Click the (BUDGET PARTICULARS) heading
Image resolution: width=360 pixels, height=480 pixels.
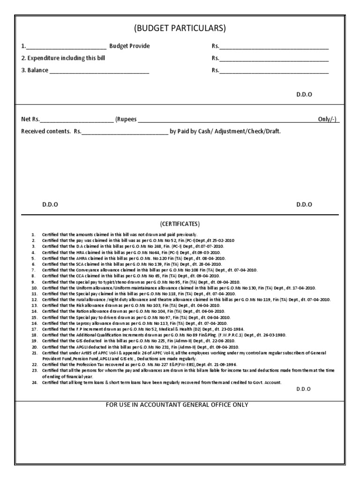180,29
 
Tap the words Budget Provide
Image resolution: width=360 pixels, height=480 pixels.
130,46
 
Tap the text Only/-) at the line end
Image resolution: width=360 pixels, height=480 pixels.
329,119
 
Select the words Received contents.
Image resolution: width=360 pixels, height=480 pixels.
46,131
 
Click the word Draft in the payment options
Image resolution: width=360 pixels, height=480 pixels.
272,131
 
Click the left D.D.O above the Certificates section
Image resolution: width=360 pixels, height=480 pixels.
50,204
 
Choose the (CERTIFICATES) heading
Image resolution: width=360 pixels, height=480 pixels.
180,224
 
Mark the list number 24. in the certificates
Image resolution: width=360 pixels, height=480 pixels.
34,382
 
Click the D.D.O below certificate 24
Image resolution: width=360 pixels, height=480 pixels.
304,389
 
